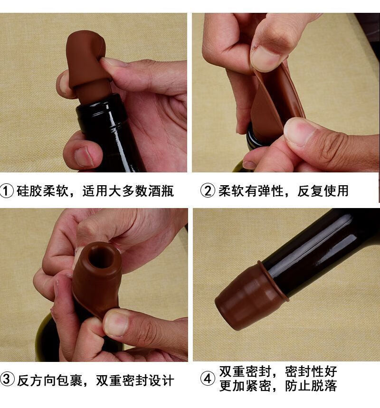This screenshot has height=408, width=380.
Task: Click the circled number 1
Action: pos(7,191)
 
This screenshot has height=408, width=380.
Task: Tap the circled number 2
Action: pos(208,191)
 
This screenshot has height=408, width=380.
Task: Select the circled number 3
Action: pos(7,380)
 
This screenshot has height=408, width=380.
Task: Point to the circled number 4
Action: pos(208,379)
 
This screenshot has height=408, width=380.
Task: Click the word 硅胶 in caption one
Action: pos(29,191)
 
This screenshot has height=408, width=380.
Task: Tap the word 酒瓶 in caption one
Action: pos(161,191)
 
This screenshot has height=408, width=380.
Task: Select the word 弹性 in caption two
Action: pos(270,191)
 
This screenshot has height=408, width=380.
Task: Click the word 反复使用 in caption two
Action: pos(323,191)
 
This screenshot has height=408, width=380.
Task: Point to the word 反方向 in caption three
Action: pos(37,380)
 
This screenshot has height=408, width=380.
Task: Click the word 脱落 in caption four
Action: pos(324,386)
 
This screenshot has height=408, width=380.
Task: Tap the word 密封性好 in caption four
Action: pos(311,371)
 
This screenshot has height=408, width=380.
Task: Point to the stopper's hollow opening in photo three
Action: pos(101,257)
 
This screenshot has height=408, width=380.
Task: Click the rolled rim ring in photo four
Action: pos(271,278)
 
